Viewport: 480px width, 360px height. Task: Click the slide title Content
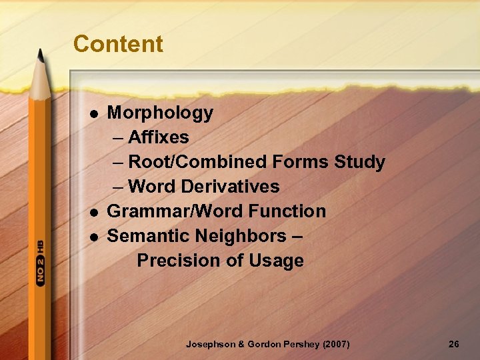tap(118, 44)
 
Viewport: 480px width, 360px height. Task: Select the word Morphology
tap(160, 113)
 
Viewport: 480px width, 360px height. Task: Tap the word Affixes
tap(159, 137)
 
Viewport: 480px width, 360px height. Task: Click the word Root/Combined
tap(198, 162)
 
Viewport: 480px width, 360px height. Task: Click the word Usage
tap(276, 261)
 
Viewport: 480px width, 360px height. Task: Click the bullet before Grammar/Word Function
tap(93, 212)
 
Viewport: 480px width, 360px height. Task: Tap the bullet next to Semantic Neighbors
tap(93, 237)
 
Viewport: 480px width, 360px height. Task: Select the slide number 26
tap(454, 344)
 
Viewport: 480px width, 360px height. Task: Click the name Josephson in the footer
tap(210, 344)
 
